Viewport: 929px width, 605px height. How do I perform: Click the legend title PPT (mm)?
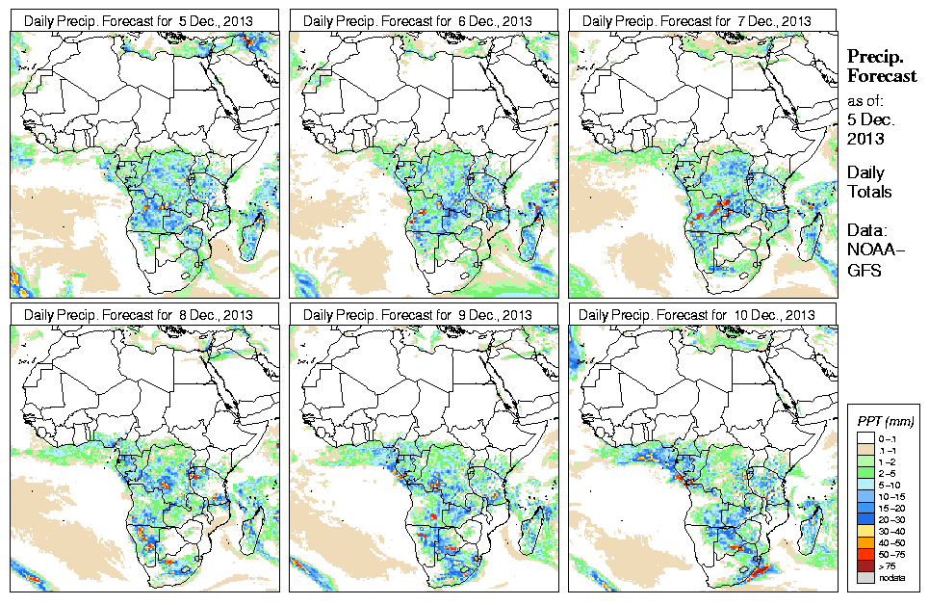point(885,421)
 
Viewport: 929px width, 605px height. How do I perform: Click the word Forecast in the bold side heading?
point(882,77)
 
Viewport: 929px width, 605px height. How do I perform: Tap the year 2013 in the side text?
point(865,139)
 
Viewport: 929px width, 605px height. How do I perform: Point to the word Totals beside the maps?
point(869,192)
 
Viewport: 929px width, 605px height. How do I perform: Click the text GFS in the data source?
point(864,271)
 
